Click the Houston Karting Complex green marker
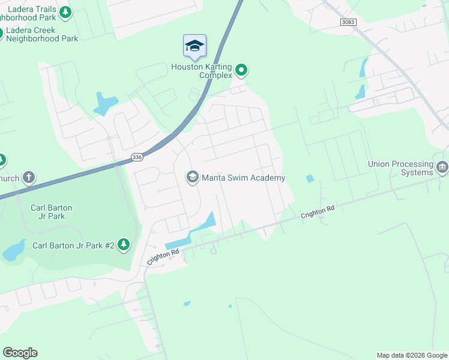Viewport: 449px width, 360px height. pyautogui.click(x=241, y=71)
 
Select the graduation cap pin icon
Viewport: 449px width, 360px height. pyautogui.click(x=194, y=46)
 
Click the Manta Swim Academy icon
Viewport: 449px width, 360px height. pyautogui.click(x=193, y=176)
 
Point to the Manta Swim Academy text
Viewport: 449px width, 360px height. pyautogui.click(x=243, y=178)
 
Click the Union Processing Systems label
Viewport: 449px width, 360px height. pyautogui.click(x=401, y=168)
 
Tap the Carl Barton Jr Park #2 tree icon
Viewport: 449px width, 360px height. pyautogui.click(x=124, y=244)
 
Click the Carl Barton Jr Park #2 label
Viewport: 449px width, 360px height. pyautogui.click(x=73, y=245)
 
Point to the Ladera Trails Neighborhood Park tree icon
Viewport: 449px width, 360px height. pyautogui.click(x=67, y=11)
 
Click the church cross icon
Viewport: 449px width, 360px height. pyautogui.click(x=28, y=177)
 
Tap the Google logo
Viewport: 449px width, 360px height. pyautogui.click(x=20, y=353)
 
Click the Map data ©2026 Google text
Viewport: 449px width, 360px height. pyautogui.click(x=412, y=355)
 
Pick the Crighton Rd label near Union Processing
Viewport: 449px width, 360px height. pyautogui.click(x=318, y=212)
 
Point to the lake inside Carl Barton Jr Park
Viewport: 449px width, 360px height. pyautogui.click(x=14, y=250)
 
